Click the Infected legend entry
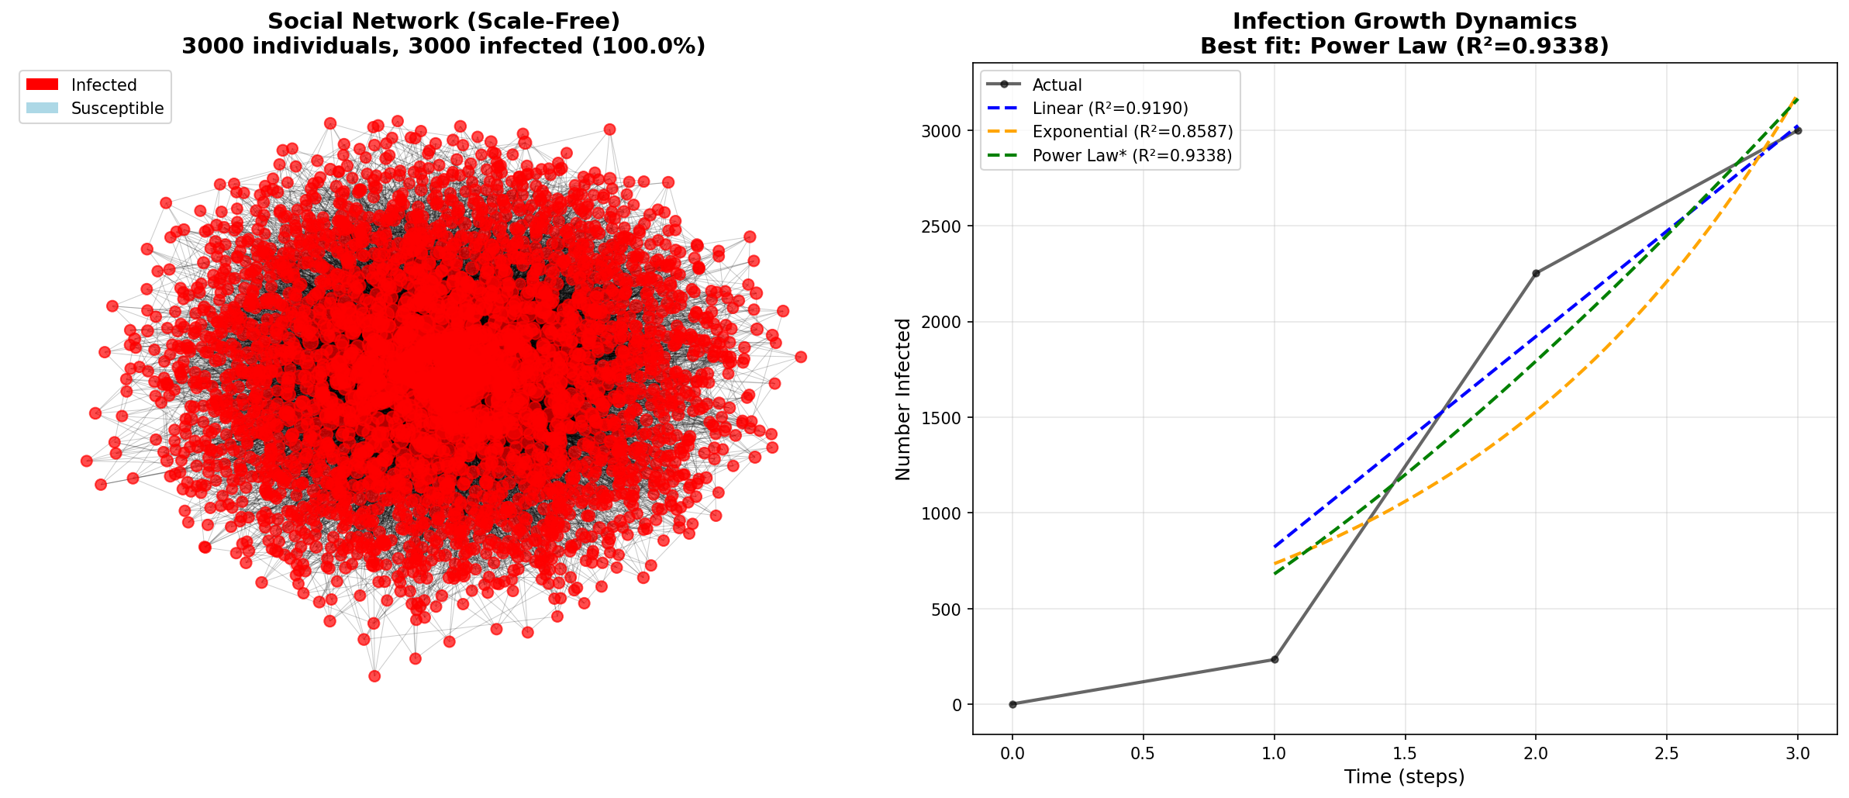pos(103,85)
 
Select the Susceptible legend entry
pos(117,109)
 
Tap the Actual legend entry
pos(1057,85)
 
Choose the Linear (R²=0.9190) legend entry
pos(1109,109)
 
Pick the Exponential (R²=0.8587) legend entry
pos(1132,132)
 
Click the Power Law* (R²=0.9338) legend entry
pos(1132,156)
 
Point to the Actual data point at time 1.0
pos(1274,660)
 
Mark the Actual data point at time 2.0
pos(1536,273)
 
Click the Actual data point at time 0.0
pos(1012,704)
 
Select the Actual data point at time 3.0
pos(1798,130)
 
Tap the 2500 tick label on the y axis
pos(940,226)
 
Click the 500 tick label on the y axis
pos(946,610)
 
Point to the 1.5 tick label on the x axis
pos(1405,753)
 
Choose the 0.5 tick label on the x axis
pos(1143,753)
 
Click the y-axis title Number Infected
pos(903,399)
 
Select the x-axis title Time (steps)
pos(1405,777)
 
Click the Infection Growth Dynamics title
pos(1405,22)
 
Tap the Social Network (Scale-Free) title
pos(443,22)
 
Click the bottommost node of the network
pos(374,676)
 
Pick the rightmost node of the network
pos(801,357)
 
